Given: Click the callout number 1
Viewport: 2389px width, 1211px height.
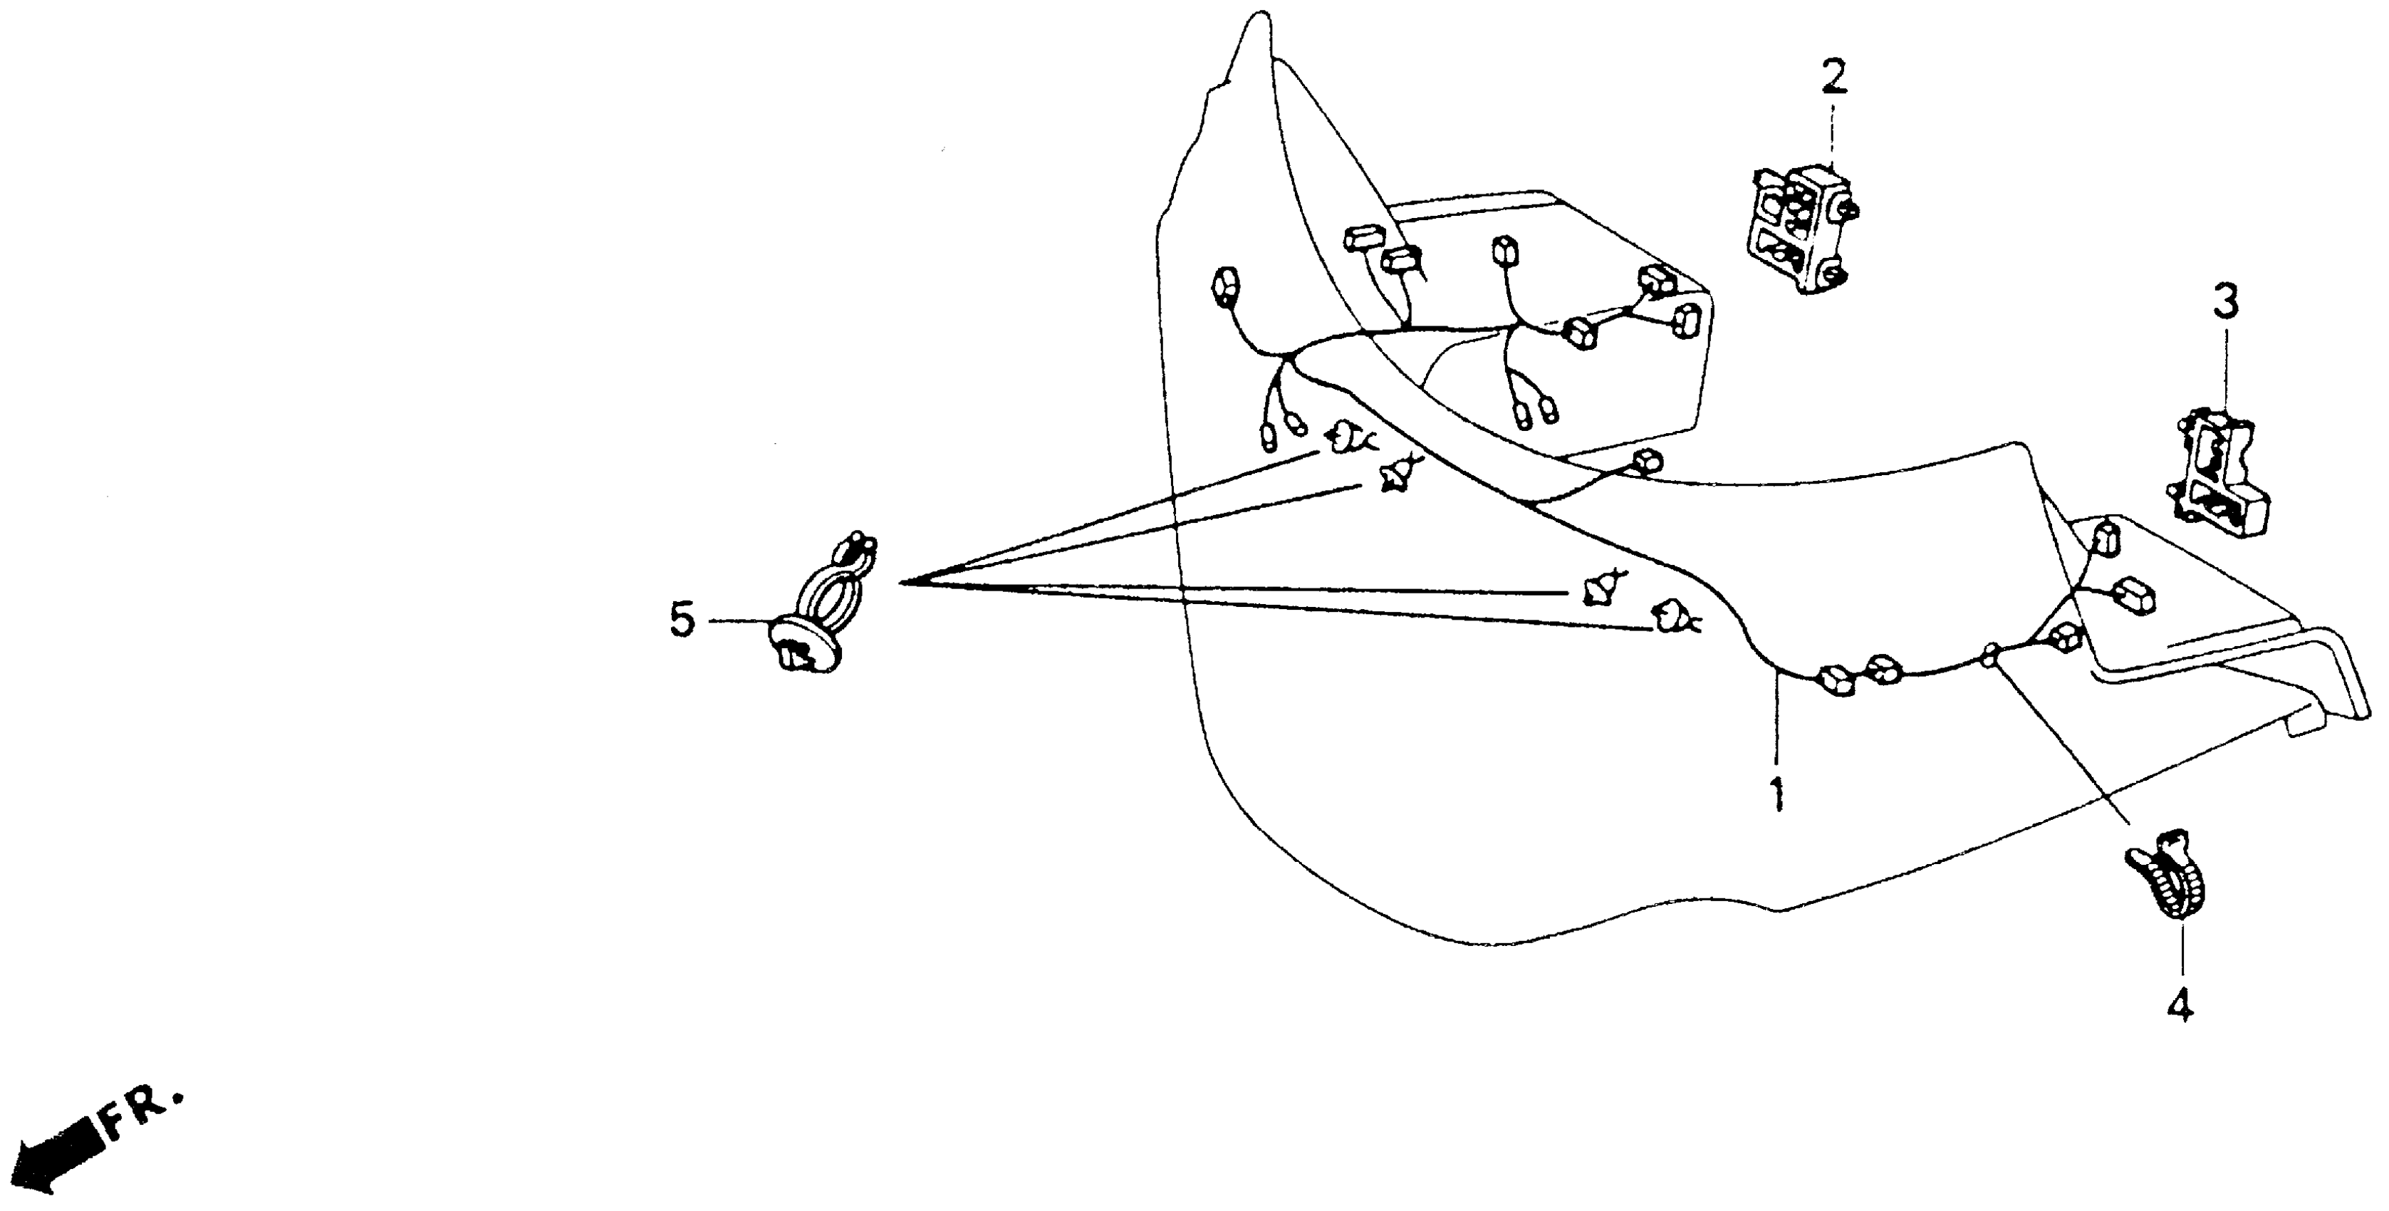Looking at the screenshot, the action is pyautogui.click(x=1777, y=796).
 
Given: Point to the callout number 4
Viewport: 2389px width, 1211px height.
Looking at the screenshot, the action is pyautogui.click(x=2180, y=1004).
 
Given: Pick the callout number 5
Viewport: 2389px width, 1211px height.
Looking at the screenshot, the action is pyautogui.click(x=682, y=620).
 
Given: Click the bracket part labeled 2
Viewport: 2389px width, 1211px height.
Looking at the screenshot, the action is pyautogui.click(x=1794, y=227).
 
